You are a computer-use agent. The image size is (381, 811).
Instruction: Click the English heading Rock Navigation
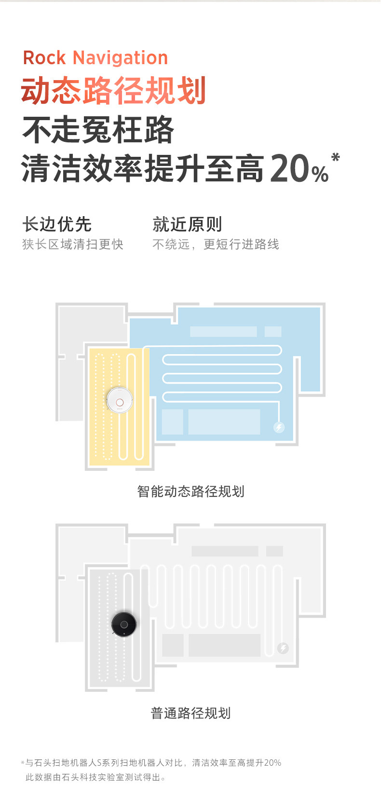(95, 58)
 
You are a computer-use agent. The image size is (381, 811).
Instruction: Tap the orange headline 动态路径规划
(114, 91)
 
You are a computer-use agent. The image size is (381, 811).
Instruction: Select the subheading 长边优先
(57, 224)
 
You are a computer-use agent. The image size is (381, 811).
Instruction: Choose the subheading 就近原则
(187, 224)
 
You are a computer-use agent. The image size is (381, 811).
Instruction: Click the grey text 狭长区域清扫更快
(73, 244)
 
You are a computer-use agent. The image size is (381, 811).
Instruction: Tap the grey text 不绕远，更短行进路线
(216, 244)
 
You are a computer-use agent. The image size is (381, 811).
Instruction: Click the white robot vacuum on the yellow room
(120, 400)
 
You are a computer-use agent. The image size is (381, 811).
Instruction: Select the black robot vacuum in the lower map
(124, 624)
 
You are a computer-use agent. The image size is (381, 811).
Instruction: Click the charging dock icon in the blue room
(279, 427)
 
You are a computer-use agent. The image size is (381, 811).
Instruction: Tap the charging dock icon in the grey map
(283, 648)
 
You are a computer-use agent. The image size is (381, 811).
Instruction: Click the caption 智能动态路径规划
(190, 491)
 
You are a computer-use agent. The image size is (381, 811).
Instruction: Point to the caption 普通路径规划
(190, 713)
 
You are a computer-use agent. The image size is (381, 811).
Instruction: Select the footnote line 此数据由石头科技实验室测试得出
(95, 777)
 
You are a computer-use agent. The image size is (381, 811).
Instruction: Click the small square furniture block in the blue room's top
(273, 331)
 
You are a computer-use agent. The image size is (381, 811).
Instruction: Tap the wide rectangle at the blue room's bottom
(224, 422)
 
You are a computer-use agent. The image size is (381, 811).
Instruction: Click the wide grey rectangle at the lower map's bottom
(224, 645)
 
